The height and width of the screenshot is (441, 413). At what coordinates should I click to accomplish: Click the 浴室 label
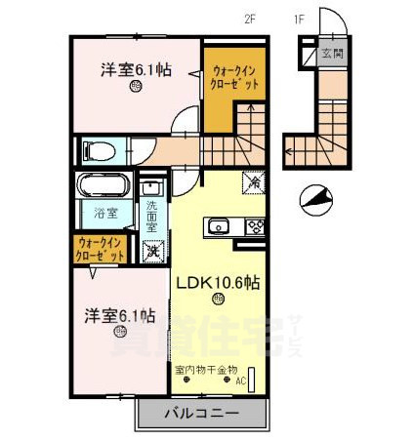105,213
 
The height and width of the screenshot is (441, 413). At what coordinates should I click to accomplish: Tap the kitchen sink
217,227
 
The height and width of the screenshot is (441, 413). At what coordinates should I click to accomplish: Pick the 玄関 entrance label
332,53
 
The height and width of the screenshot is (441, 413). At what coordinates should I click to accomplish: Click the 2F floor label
252,16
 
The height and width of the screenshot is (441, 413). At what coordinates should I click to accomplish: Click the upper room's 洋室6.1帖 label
135,69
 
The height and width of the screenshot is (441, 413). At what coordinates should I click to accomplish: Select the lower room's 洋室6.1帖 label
119,315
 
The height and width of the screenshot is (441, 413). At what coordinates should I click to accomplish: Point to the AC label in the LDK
240,381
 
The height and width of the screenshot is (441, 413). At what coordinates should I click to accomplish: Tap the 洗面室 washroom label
152,216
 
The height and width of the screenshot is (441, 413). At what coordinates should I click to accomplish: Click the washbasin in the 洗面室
153,188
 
